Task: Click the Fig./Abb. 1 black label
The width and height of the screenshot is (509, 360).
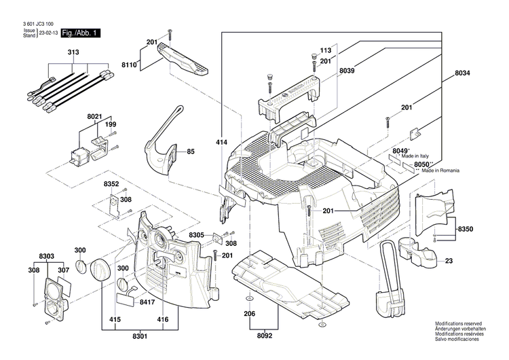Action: point(80,33)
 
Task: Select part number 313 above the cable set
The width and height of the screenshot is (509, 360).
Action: point(73,52)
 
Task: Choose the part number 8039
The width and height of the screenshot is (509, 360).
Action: point(347,71)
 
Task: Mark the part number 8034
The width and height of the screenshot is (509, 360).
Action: point(463,73)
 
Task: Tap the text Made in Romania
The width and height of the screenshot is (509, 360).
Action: point(447,170)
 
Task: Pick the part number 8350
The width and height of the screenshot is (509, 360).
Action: point(466,230)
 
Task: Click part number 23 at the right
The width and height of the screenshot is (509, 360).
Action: point(449,260)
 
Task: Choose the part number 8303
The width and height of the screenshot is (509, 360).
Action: point(47,256)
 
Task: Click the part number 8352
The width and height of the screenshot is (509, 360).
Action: point(111,184)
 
